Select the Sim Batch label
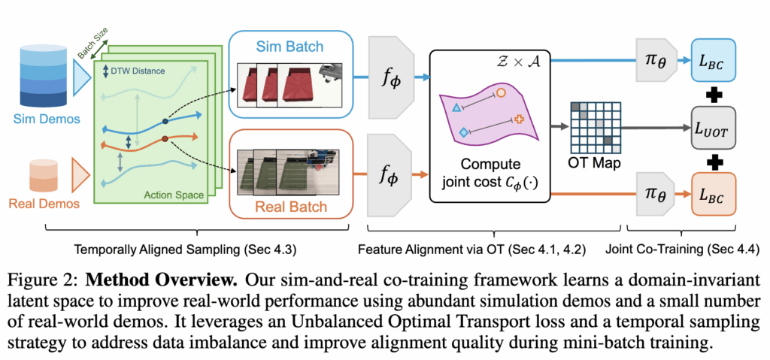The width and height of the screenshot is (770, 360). (288, 47)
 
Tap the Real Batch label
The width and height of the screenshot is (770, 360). (288, 207)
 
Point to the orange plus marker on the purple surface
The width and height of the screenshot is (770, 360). (520, 119)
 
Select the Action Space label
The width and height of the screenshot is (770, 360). (174, 195)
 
